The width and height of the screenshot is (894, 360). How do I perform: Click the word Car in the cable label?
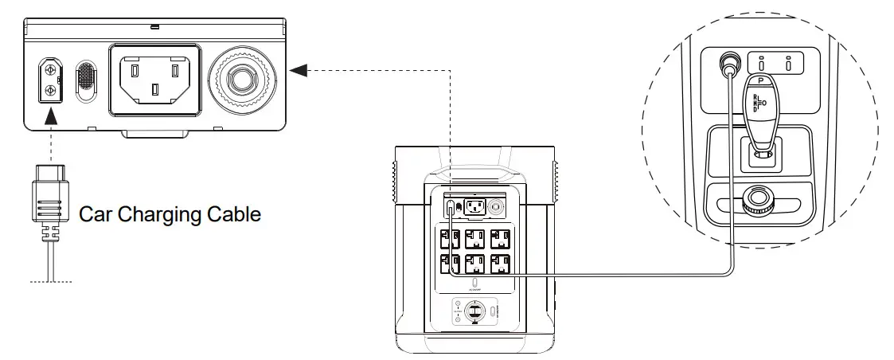[96, 214]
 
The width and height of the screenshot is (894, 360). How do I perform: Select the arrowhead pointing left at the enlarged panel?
[298, 70]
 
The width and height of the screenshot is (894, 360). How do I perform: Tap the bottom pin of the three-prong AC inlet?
[155, 93]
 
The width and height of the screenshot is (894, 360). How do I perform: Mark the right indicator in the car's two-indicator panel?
[788, 63]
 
